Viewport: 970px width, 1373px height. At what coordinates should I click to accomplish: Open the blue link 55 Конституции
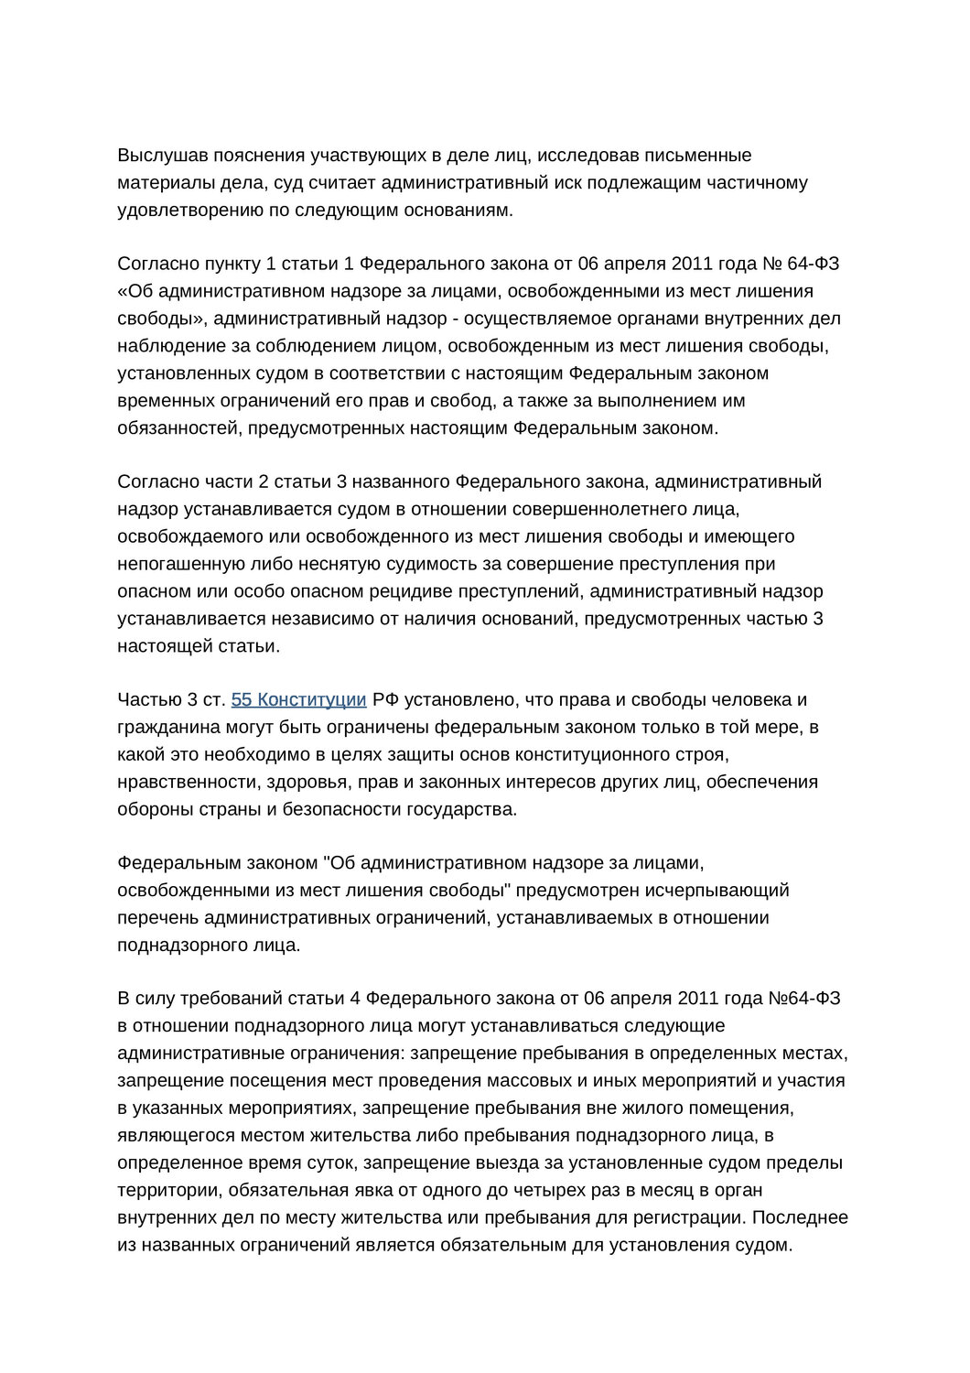coord(299,700)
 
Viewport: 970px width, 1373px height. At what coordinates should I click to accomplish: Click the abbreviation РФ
coord(385,700)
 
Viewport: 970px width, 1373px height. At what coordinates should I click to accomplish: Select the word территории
coord(168,1191)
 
